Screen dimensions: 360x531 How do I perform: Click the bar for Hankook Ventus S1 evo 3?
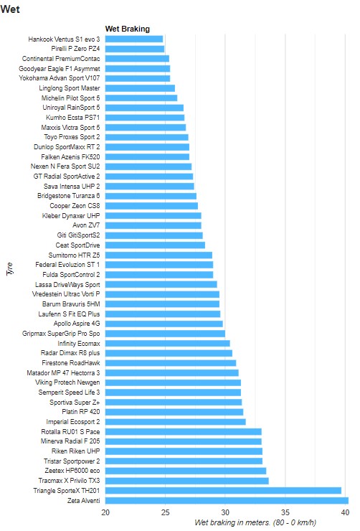click(x=134, y=39)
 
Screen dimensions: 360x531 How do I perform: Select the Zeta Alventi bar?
click(x=227, y=501)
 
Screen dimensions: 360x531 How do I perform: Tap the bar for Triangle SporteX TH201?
click(x=223, y=491)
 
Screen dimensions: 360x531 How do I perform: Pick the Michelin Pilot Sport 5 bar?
click(x=141, y=98)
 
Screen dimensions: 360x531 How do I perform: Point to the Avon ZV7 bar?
click(x=153, y=225)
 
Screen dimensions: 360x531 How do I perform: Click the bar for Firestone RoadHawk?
click(x=171, y=363)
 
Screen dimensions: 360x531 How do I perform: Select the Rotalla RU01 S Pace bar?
click(x=184, y=432)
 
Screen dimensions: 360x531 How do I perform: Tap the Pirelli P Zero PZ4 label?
click(x=75, y=49)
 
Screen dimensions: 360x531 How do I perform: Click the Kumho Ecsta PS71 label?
click(x=72, y=118)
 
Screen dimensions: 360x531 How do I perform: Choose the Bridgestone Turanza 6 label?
click(x=69, y=196)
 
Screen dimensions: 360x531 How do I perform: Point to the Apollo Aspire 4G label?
click(x=77, y=324)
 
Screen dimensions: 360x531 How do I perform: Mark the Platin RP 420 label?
click(x=81, y=412)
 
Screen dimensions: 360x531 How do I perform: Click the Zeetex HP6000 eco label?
click(x=72, y=471)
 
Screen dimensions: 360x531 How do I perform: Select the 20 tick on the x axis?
click(x=105, y=512)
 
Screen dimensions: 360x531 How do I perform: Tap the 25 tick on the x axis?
click(x=165, y=512)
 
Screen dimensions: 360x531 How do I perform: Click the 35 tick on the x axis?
click(x=285, y=512)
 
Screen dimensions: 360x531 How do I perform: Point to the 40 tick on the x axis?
click(x=345, y=512)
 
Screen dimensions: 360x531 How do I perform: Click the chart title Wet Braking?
click(x=128, y=29)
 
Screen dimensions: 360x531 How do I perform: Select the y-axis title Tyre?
click(x=10, y=268)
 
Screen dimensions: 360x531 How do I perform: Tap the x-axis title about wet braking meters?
click(x=255, y=522)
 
